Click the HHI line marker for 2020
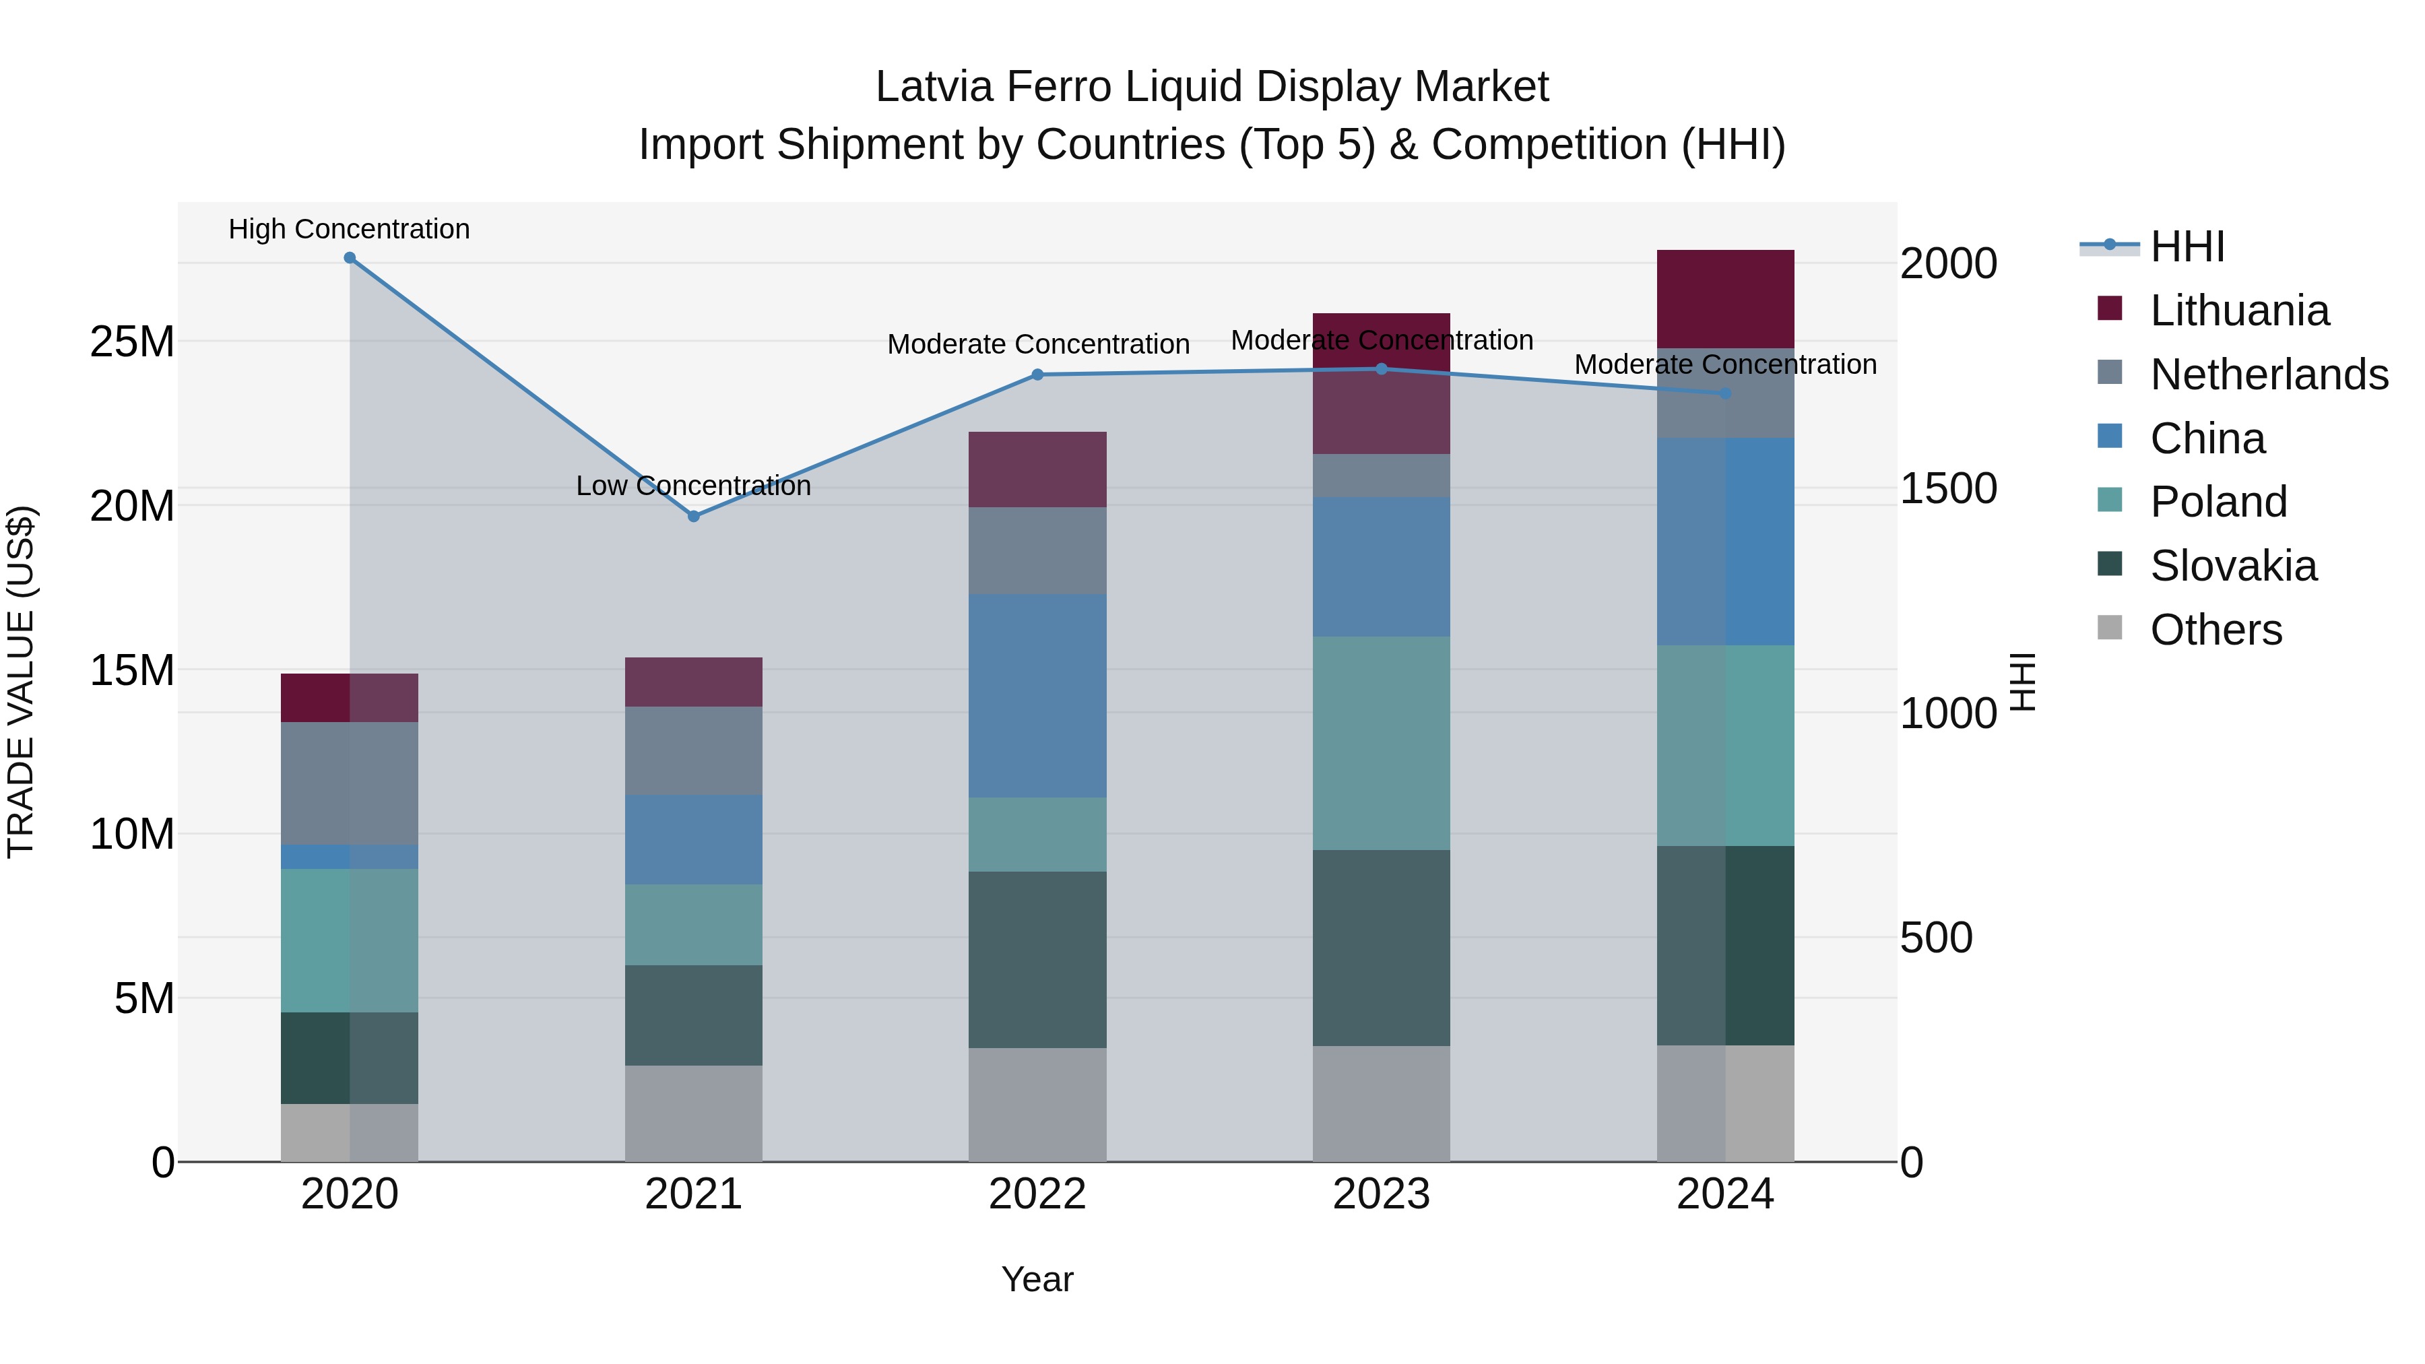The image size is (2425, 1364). tap(349, 258)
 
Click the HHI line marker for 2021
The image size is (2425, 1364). tap(694, 516)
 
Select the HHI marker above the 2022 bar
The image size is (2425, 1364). tap(1037, 375)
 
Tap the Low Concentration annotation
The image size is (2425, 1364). tap(693, 486)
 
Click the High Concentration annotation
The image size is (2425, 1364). tap(349, 229)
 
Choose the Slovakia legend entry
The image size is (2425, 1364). tap(2233, 566)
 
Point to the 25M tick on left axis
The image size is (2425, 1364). tap(132, 342)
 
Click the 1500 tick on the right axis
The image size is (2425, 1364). tap(1947, 488)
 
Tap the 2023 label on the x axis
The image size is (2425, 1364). tap(1381, 1194)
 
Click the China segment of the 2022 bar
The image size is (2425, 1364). tap(1037, 696)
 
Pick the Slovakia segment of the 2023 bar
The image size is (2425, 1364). tap(1381, 948)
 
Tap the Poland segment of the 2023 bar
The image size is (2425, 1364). tap(1381, 744)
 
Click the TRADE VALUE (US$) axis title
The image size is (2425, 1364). tap(22, 682)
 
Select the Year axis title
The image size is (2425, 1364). tap(1037, 1279)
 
